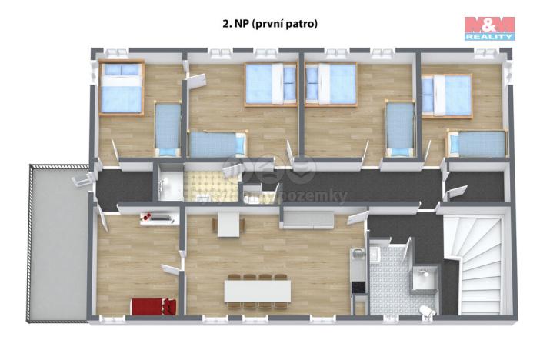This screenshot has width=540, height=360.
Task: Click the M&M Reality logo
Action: point(489,28)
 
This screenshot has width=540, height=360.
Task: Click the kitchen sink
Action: point(357,256)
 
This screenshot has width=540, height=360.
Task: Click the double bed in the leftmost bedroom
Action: point(122,88)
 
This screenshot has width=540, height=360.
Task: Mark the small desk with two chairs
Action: point(229,223)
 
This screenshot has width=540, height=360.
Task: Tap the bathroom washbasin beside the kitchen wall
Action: point(376,253)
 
